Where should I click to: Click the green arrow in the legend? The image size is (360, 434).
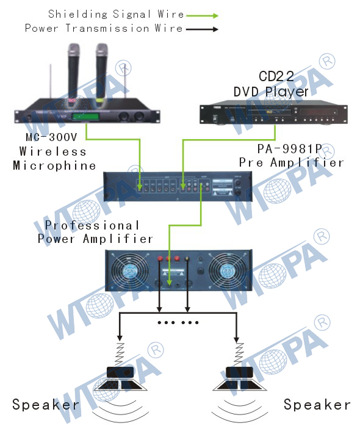point(203,15)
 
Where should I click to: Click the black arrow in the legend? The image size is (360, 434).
point(203,29)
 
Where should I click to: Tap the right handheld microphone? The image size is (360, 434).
point(101,75)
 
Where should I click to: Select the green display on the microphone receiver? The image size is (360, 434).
point(85,116)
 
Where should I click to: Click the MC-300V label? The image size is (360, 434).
point(51,137)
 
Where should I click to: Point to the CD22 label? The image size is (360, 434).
point(276,76)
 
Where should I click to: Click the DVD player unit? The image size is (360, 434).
point(273,114)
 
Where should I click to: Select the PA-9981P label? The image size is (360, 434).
point(290,149)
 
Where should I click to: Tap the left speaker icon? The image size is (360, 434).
point(120,378)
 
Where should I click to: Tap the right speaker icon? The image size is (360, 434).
point(240,378)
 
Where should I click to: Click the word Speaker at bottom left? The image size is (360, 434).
point(46,405)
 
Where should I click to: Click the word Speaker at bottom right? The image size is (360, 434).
point(317,405)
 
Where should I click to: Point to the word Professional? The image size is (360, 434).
point(92,225)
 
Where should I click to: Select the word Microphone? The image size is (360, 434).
point(54,165)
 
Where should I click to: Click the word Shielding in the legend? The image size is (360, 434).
point(77,14)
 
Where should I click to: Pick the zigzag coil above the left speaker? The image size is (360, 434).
point(120,354)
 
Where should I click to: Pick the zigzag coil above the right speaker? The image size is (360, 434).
point(239,354)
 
